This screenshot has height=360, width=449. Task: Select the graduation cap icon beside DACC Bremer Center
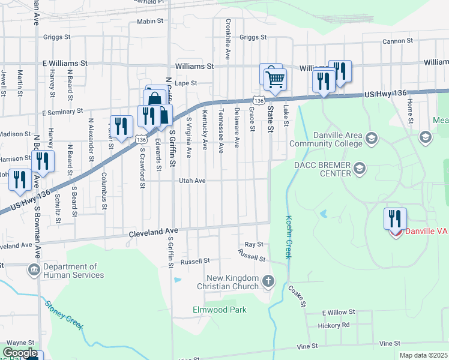(360, 167)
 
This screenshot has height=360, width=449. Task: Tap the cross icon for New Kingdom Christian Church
(268, 280)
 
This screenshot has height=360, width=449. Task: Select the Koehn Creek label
(289, 237)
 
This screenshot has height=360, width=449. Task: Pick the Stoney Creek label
(64, 315)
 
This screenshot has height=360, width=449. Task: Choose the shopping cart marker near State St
(275, 79)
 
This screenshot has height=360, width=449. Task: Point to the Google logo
(20, 353)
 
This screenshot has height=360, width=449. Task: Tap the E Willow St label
(339, 313)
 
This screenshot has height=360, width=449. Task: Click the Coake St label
(297, 296)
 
